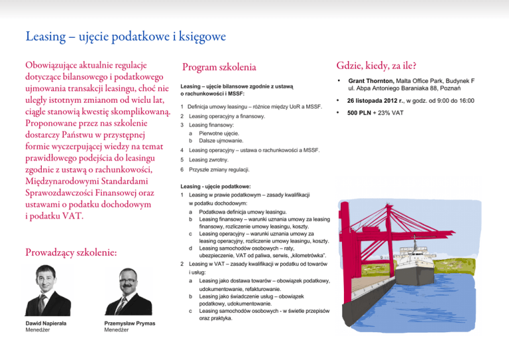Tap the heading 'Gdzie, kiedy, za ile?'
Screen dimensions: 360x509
point(376,65)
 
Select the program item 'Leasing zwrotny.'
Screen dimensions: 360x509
point(209,160)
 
